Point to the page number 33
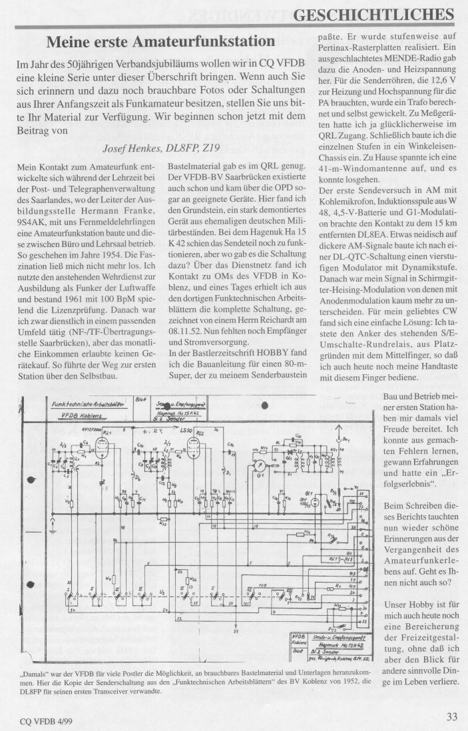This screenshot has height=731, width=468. (x=451, y=716)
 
